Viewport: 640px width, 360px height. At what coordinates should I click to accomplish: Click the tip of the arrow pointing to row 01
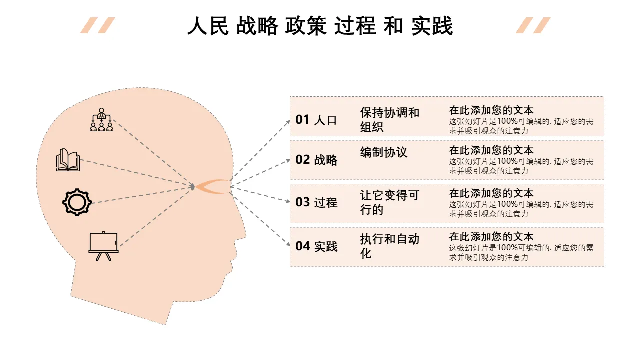pyautogui.click(x=290, y=121)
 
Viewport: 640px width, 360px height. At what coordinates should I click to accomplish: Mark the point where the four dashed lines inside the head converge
pyautogui.click(x=194, y=187)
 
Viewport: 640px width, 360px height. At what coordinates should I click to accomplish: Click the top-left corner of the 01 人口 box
pyautogui.click(x=290, y=97)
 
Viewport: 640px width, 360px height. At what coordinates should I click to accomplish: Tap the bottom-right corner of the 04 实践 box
pyautogui.click(x=604, y=266)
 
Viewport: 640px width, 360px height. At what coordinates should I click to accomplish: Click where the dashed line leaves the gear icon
pyautogui.click(x=92, y=203)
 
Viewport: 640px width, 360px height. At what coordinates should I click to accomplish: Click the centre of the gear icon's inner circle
pyautogui.click(x=77, y=202)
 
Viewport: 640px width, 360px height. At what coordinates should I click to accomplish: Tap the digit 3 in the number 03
pyautogui.click(x=306, y=202)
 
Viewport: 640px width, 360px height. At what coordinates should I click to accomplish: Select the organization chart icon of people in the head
pyautogui.click(x=101, y=119)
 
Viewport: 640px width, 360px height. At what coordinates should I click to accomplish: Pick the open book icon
pyautogui.click(x=68, y=160)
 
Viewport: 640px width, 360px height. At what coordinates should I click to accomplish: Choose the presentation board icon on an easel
pyautogui.click(x=103, y=246)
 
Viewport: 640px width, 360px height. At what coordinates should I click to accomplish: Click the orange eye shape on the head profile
pyautogui.click(x=213, y=187)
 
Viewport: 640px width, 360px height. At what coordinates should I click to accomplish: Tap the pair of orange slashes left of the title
pyautogui.click(x=97, y=25)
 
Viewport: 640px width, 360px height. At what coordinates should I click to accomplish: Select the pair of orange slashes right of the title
pyautogui.click(x=533, y=25)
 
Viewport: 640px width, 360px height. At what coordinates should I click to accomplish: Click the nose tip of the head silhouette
pyautogui.click(x=245, y=236)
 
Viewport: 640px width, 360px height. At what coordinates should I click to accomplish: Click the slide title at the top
pyautogui.click(x=320, y=26)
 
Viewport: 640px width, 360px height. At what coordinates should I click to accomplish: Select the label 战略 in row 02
pyautogui.click(x=326, y=160)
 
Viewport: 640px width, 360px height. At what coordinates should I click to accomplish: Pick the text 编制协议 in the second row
pyautogui.click(x=383, y=152)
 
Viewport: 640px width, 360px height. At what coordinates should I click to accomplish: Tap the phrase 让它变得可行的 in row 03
pyautogui.click(x=389, y=202)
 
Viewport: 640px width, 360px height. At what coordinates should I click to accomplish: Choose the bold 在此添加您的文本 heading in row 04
pyautogui.click(x=491, y=237)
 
